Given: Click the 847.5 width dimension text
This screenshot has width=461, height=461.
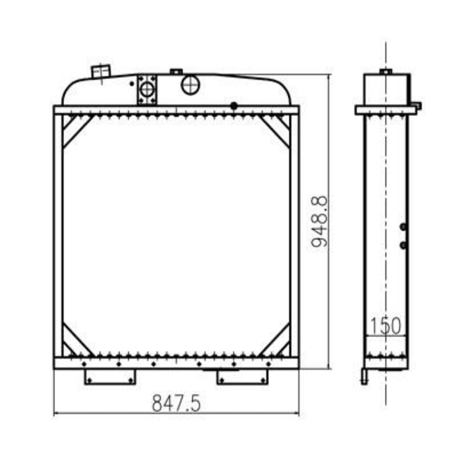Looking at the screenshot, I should click(176, 404).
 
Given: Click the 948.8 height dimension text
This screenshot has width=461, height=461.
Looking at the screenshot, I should click(320, 221).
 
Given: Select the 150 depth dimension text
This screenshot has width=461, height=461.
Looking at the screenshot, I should click(385, 326).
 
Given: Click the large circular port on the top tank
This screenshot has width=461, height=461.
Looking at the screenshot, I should click(190, 85).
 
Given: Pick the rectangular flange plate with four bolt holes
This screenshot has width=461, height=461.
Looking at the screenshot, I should click(147, 89).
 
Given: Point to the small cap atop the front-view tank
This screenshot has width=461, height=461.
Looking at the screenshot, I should click(176, 72).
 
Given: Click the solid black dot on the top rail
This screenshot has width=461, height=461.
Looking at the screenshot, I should click(234, 106).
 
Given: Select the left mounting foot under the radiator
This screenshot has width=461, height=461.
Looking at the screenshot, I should click(110, 376).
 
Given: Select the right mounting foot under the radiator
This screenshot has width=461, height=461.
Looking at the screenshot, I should click(242, 376).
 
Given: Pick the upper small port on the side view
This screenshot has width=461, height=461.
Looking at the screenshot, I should click(403, 226).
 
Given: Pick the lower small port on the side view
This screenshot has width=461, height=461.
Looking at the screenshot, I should click(403, 245).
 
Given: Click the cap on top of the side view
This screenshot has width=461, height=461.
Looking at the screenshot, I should click(385, 72).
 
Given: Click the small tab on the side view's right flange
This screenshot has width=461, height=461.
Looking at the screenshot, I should click(417, 106).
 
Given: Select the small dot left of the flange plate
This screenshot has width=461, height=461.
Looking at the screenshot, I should click(132, 83).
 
